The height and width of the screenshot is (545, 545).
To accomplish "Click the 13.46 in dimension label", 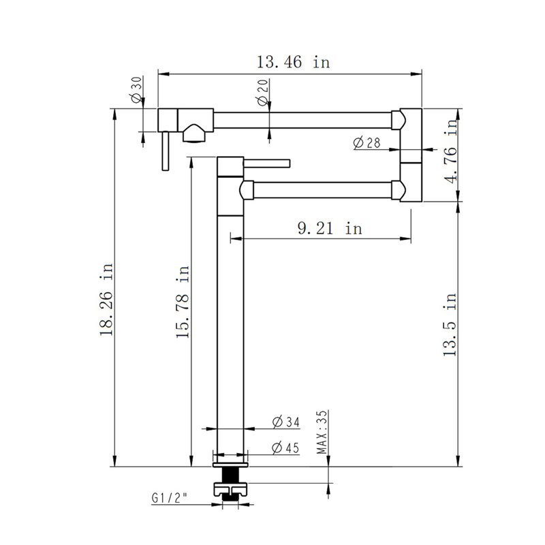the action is pos(293,62).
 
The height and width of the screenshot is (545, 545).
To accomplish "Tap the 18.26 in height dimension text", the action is pos(106,299).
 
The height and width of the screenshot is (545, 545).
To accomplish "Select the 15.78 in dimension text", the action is pos(182,302).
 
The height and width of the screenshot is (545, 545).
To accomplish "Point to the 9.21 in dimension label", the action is pos(330,228).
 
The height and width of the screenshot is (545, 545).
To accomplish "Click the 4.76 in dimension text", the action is pos(451,151).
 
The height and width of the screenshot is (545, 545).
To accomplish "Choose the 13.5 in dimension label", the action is pos(450,325).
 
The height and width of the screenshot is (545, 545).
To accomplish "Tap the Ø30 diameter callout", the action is pos(137,90).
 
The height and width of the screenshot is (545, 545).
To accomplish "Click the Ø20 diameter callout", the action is pos(263,93).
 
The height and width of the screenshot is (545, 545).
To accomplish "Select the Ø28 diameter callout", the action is pos(367,142).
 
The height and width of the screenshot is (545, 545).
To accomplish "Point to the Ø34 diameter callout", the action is pos(285,422).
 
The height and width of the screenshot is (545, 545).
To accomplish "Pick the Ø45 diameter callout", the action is pos(285,448).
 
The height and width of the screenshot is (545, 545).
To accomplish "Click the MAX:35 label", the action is pos(322,432).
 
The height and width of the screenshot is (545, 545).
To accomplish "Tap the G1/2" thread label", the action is pos(169,498).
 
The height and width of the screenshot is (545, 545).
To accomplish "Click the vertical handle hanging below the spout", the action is pos(166,151).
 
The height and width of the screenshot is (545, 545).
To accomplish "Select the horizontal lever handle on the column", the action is pos(267,163).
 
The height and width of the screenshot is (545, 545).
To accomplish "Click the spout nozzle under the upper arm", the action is pos(194,133).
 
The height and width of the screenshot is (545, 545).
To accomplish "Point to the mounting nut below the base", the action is pos(230,489).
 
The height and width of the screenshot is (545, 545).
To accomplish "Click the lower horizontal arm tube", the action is pos(322,190).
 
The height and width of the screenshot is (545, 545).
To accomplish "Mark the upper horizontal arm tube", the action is pos(302,121).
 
